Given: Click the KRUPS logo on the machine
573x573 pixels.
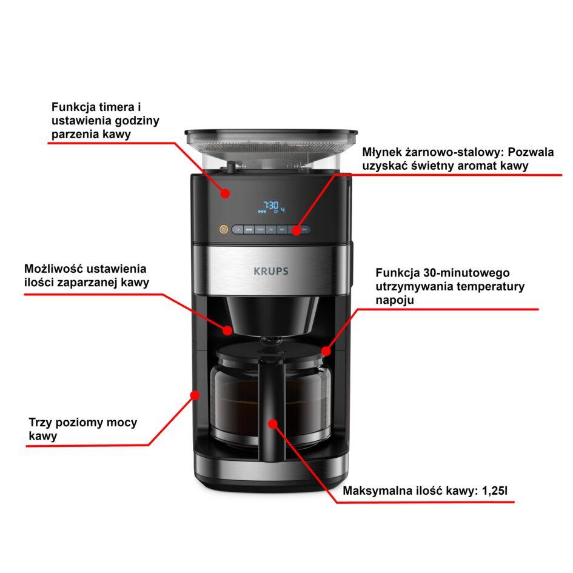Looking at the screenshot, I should pyautogui.click(x=271, y=271).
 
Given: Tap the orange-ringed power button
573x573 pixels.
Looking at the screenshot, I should pyautogui.click(x=223, y=230).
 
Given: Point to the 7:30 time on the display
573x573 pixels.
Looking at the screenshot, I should pyautogui.click(x=272, y=205).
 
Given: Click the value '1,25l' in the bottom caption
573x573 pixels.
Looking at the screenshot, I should pyautogui.click(x=499, y=491).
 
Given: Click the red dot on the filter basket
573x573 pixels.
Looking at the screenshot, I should pyautogui.click(x=228, y=330).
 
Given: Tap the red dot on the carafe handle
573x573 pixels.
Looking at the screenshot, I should pyautogui.click(x=273, y=423).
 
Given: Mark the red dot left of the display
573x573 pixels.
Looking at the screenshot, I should pyautogui.click(x=226, y=193).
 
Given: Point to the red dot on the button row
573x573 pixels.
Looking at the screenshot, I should pyautogui.click(x=296, y=230).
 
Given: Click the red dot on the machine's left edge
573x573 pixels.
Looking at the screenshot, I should pyautogui.click(x=195, y=395).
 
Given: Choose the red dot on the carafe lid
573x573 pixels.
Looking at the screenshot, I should pyautogui.click(x=326, y=350).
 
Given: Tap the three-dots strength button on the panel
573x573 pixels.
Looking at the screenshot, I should pyautogui.click(x=249, y=230).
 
